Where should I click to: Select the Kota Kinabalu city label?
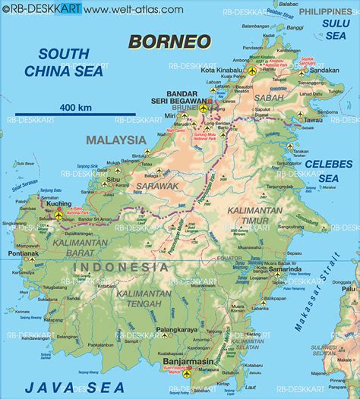222,71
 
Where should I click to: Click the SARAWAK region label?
156,185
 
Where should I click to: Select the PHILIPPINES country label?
327,12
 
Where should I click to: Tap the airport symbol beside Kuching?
59,216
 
